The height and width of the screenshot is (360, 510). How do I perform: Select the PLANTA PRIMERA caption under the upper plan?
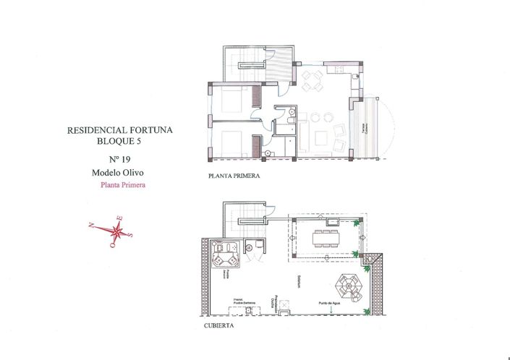point(233,176)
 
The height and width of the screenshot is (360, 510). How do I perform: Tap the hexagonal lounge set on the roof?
point(349,287)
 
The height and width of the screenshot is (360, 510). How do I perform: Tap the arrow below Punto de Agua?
point(331,311)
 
